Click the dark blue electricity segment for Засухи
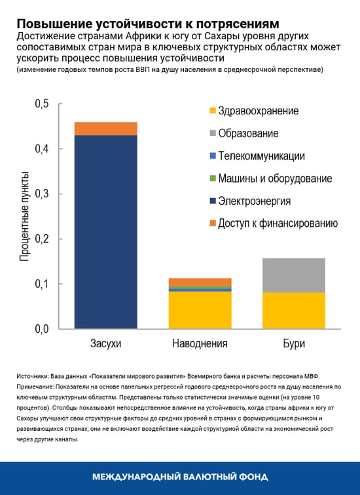tap(105, 231)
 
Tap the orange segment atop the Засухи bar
tap(105, 129)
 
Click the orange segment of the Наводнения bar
tap(200, 282)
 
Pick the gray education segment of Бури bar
tap(293, 275)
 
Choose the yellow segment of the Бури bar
tap(293, 311)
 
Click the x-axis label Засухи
tap(105, 343)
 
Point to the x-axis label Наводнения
tap(200, 343)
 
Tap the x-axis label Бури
tap(293, 343)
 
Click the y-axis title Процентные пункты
tap(24, 216)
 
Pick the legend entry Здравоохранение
tap(258, 111)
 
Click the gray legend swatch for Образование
tap(211, 134)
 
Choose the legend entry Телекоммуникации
tap(261, 156)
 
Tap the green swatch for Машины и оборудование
tap(211, 179)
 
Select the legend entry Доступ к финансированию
tap(278, 223)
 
